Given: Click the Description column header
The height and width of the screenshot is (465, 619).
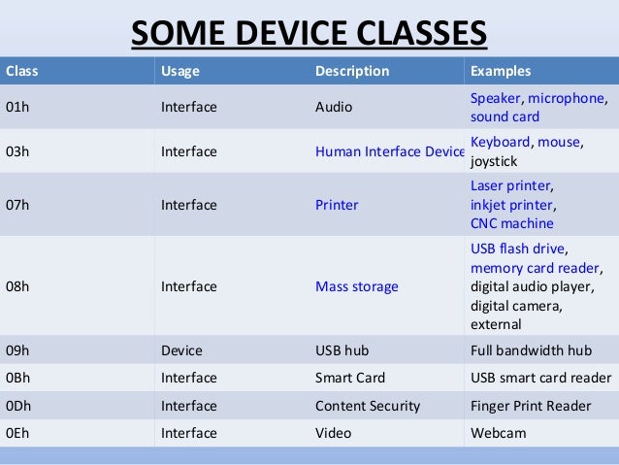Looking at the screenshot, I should click(x=352, y=71).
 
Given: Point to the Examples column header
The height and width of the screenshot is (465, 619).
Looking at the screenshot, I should click(x=500, y=71).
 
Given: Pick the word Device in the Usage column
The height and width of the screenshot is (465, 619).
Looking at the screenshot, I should click(x=180, y=349).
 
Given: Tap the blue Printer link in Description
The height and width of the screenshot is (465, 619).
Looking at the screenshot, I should click(x=337, y=205).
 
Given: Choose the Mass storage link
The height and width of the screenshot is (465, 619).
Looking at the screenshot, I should click(x=356, y=286).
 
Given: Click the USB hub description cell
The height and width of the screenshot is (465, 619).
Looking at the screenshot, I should click(x=342, y=349).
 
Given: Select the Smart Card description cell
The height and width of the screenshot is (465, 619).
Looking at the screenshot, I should click(x=350, y=378).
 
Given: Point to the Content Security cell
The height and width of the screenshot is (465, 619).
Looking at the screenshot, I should click(x=368, y=406).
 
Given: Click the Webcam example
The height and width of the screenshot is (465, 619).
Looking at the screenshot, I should click(x=498, y=433).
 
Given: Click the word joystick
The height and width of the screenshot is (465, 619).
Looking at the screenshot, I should click(x=494, y=163).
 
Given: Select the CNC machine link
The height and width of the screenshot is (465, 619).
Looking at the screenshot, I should click(x=511, y=224).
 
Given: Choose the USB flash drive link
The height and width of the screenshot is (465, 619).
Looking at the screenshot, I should click(x=518, y=248).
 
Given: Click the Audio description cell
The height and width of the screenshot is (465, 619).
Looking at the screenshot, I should click(x=334, y=108).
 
